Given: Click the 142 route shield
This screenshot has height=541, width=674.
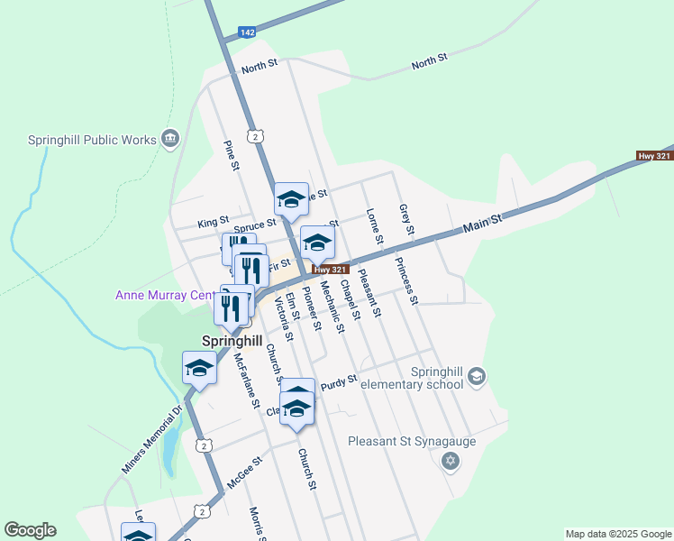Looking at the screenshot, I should [x=247, y=32].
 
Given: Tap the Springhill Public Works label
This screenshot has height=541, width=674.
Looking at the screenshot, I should [x=91, y=140].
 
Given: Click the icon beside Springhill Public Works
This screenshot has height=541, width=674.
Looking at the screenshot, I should [x=169, y=138].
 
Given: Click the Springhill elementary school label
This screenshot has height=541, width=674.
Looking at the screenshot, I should [x=411, y=378].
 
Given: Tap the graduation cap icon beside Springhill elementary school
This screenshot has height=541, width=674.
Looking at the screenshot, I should [x=478, y=377].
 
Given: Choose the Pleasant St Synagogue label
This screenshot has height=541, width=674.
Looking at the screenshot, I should [x=411, y=442].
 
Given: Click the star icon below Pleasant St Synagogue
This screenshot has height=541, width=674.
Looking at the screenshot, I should [x=451, y=462].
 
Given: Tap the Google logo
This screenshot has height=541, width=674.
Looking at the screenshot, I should [x=30, y=530].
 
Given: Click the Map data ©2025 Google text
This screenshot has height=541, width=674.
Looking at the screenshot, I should [x=618, y=534].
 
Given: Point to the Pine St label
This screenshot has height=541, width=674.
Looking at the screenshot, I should [x=232, y=154].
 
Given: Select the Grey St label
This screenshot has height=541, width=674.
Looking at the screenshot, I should [x=405, y=219].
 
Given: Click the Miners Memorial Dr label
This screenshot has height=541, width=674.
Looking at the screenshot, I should [x=151, y=440].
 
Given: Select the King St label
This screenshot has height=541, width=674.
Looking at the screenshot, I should [x=213, y=222].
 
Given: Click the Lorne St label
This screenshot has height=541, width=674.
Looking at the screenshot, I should [x=375, y=226].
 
